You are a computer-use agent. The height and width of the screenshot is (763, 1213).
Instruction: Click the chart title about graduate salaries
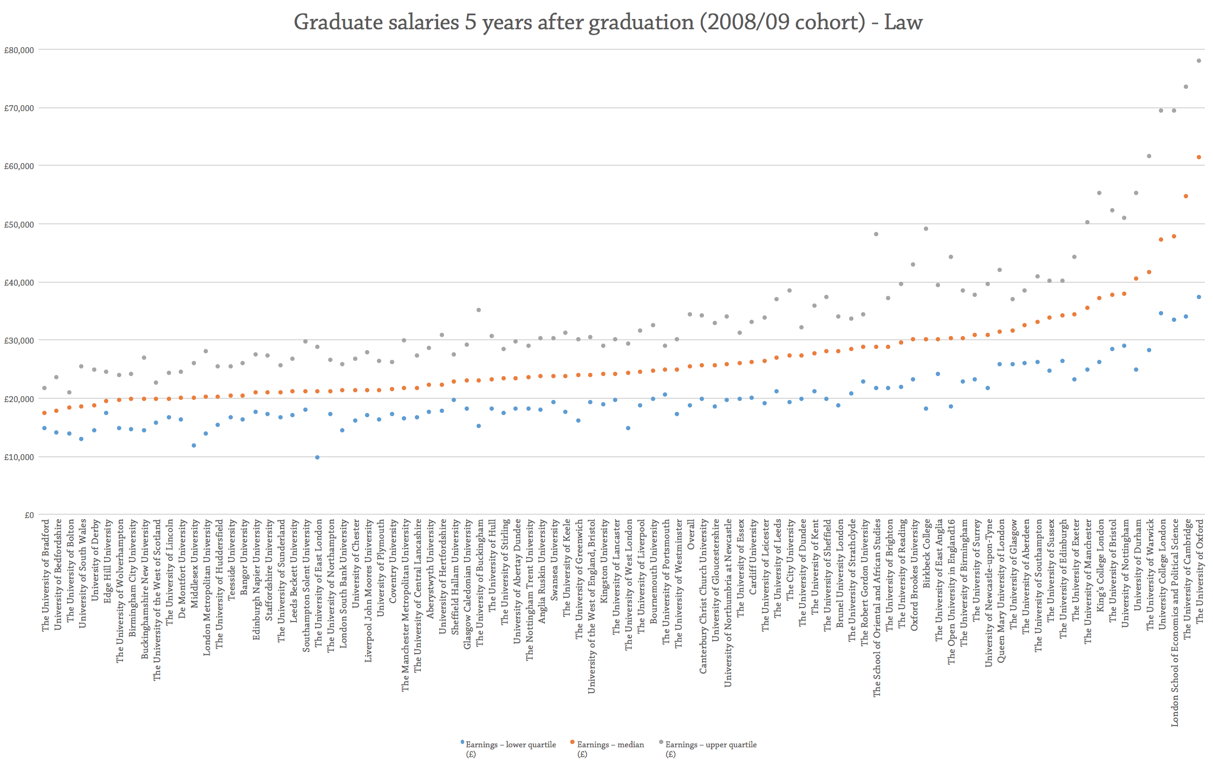608,23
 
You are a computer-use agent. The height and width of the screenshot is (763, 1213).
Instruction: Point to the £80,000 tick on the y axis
19,50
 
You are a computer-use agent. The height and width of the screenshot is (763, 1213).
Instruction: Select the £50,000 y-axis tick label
19,224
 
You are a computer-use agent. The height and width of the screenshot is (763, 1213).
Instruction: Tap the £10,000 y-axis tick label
19,457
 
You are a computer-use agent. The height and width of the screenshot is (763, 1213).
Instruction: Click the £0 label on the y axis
29,515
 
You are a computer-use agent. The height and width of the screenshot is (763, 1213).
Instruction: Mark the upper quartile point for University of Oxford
1199,61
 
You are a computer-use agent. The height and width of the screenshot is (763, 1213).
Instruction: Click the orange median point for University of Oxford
1199,157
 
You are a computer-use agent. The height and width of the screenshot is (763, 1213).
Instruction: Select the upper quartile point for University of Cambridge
1186,87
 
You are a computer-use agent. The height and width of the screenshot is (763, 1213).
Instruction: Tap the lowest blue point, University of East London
317,457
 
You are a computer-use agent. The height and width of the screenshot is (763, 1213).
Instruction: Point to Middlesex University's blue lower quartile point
194,445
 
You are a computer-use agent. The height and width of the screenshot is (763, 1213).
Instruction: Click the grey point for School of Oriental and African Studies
876,234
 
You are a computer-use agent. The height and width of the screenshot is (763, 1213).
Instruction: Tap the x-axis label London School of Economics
1174,623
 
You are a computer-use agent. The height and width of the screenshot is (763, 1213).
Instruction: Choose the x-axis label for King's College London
1100,566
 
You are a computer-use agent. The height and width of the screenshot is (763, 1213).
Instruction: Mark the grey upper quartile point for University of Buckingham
479,310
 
